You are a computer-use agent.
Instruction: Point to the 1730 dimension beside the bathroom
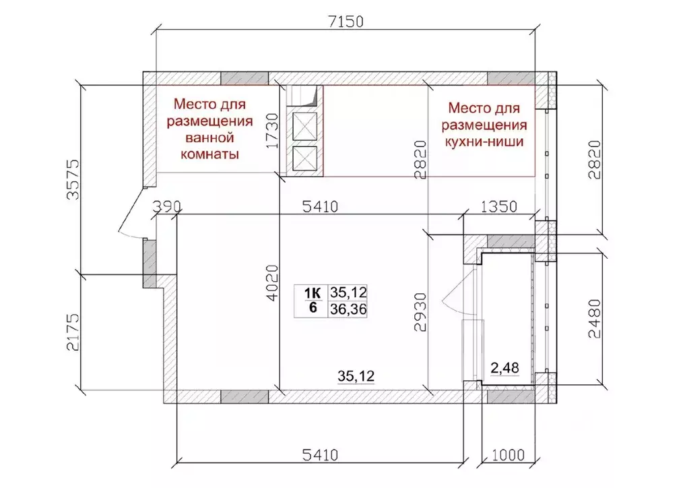[x=272, y=131]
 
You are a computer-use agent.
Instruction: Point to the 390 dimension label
[x=166, y=206]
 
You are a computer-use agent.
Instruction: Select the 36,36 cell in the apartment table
[x=348, y=309]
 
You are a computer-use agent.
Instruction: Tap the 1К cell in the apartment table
[x=313, y=293]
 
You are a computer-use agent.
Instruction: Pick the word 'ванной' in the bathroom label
[x=209, y=138]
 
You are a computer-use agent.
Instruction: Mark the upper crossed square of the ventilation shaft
[x=304, y=125]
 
